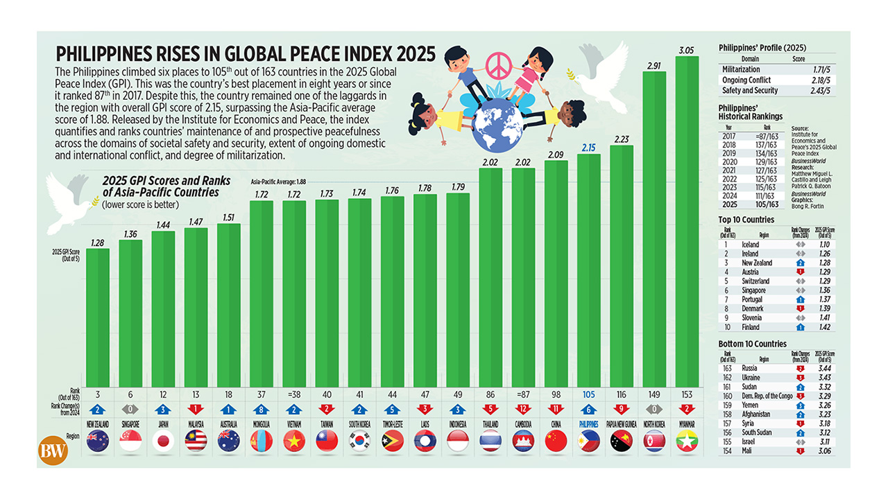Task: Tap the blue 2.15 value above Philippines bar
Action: pyautogui.click(x=589, y=148)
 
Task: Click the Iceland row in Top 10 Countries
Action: pyautogui.click(x=750, y=245)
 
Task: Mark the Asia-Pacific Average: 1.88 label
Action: pyautogui.click(x=277, y=181)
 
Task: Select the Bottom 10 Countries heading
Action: pyautogui.click(x=753, y=344)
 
